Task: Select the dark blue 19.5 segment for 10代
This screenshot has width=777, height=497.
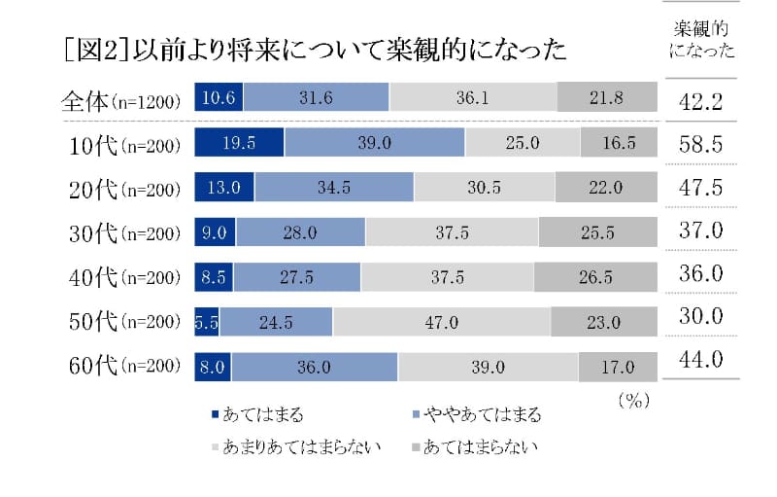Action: [239, 142]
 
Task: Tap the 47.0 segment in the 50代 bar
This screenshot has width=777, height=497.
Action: [441, 322]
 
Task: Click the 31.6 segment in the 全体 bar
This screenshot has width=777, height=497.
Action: [317, 96]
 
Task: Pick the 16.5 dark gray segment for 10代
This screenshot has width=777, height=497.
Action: [619, 142]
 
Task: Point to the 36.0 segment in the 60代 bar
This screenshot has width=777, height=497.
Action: [314, 367]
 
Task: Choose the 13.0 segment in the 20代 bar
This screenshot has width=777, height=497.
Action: [224, 187]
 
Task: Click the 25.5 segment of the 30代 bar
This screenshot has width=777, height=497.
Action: [597, 231]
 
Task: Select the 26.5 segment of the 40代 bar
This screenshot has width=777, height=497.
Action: [594, 277]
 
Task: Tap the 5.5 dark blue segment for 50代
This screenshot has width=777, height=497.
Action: [206, 322]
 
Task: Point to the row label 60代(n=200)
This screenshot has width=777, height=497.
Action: [119, 367]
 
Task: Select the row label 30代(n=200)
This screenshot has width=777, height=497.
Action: [119, 232]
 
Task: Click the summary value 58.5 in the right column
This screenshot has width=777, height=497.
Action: [701, 142]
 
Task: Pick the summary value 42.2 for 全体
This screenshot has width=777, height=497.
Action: [701, 97]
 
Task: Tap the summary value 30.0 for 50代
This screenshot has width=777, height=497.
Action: [701, 316]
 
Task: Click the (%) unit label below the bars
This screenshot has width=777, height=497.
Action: [632, 399]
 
